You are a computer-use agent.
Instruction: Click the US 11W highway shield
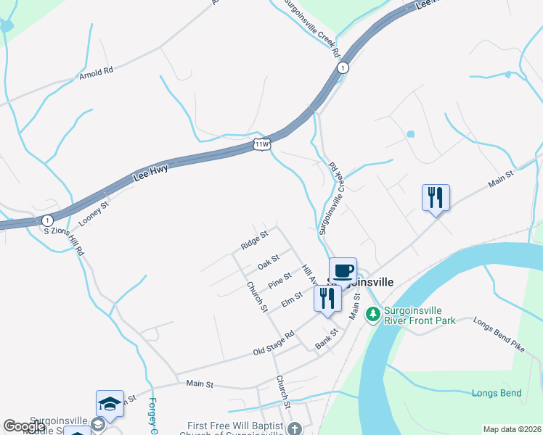262,144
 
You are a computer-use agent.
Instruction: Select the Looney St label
94,206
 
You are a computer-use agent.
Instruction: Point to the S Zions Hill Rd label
65,231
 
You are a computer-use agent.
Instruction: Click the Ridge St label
255,240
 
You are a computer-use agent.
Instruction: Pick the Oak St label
269,260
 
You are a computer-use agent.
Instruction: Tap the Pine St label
279,280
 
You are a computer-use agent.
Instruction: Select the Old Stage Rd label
273,343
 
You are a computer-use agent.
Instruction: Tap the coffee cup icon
343,270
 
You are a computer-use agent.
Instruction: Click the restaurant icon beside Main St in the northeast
436,197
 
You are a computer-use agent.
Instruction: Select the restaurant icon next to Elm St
327,299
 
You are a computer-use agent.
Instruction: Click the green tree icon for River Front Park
372,313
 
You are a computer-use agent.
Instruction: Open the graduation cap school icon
110,403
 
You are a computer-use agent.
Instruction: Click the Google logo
24,426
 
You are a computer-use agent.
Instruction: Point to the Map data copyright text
512,429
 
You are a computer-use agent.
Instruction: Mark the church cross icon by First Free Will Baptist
294,428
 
